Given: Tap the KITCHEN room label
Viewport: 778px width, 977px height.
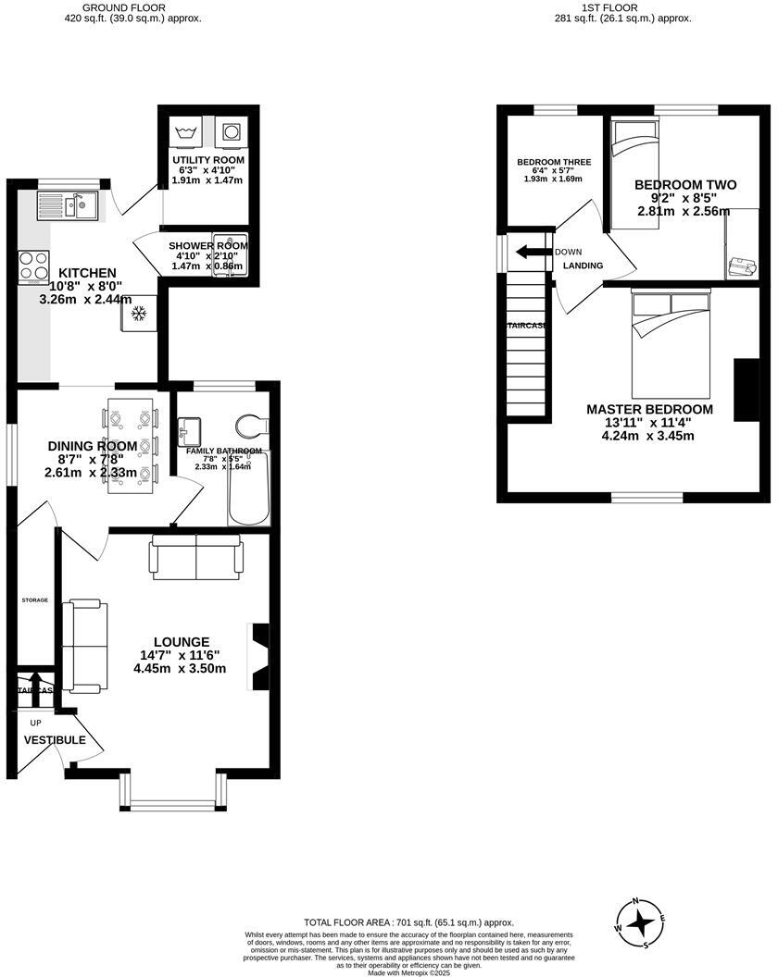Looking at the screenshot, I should (88, 273).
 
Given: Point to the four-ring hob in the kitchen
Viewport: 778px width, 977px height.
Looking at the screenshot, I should (33, 267).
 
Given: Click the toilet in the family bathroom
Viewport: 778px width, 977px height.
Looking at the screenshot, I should (251, 427).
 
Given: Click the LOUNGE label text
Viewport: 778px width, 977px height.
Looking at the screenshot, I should (182, 642).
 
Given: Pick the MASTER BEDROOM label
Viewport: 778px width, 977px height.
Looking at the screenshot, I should (649, 409).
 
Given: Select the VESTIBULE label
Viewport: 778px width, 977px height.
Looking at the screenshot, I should (55, 740).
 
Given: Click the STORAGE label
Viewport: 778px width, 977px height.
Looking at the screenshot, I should (35, 600).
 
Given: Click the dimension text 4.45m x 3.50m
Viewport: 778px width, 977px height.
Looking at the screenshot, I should (182, 669).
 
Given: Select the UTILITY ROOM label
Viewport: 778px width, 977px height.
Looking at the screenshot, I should (208, 160).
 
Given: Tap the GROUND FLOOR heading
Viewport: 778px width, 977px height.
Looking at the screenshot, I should (130, 7).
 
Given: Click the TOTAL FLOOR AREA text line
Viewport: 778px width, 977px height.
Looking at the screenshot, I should (408, 922).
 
